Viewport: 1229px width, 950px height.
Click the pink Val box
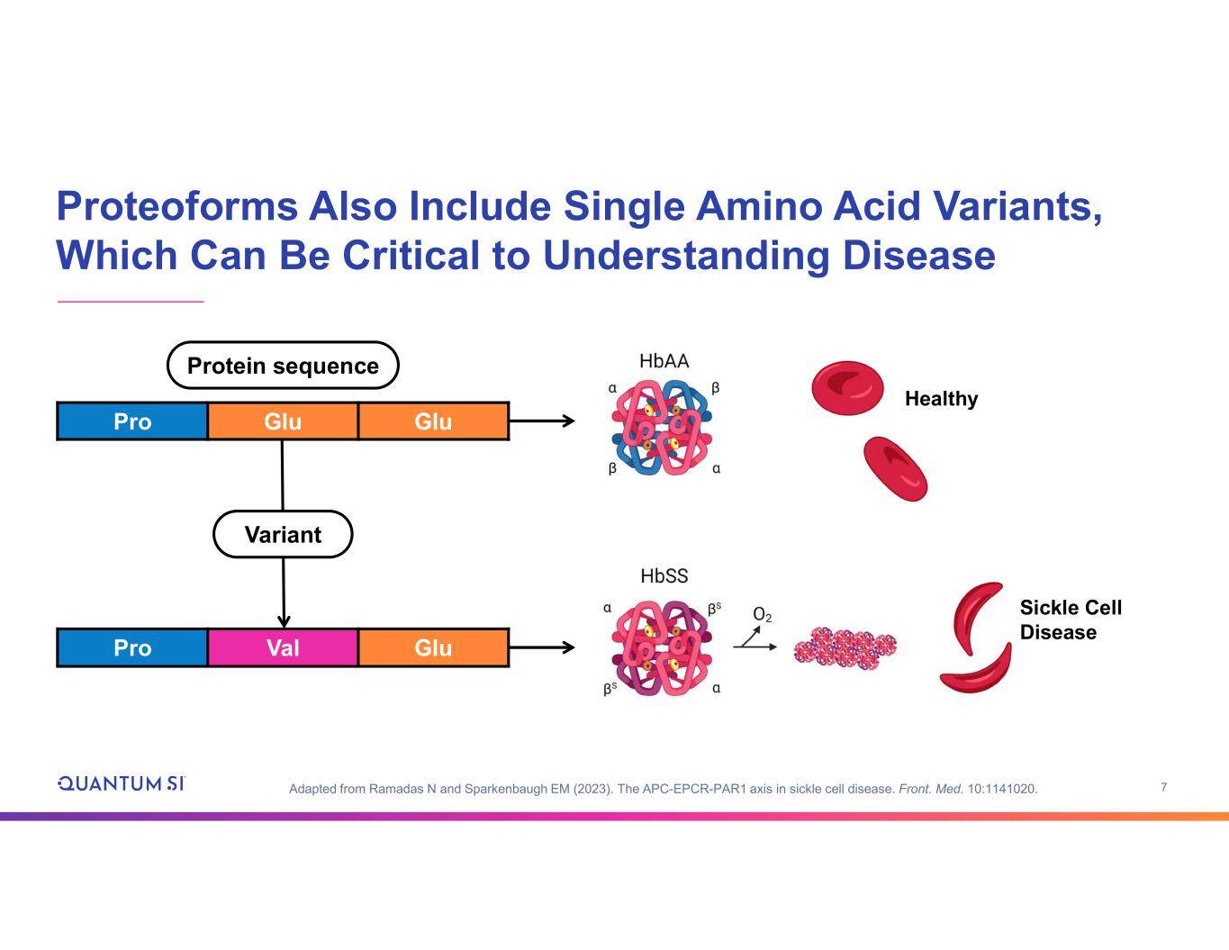pos(283,647)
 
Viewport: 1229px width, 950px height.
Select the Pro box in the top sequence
pos(132,421)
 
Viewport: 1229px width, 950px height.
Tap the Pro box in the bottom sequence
pos(132,647)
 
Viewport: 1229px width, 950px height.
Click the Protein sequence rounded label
pos(283,366)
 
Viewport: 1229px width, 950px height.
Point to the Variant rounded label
pos(283,535)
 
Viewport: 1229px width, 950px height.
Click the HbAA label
pos(664,361)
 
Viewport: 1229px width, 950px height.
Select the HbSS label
pos(664,576)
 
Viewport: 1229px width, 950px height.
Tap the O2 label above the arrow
pos(762,615)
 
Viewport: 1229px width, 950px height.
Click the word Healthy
pos(941,399)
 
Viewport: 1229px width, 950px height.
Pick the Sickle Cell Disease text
pos(1071,620)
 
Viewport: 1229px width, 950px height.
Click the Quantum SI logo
pos(121,783)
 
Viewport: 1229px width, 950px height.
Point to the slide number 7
pos(1164,787)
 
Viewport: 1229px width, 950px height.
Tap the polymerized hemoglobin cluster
pos(845,648)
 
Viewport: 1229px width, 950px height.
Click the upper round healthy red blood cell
pos(847,388)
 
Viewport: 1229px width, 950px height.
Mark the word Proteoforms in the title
pos(176,206)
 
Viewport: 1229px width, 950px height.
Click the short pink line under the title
pos(131,302)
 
